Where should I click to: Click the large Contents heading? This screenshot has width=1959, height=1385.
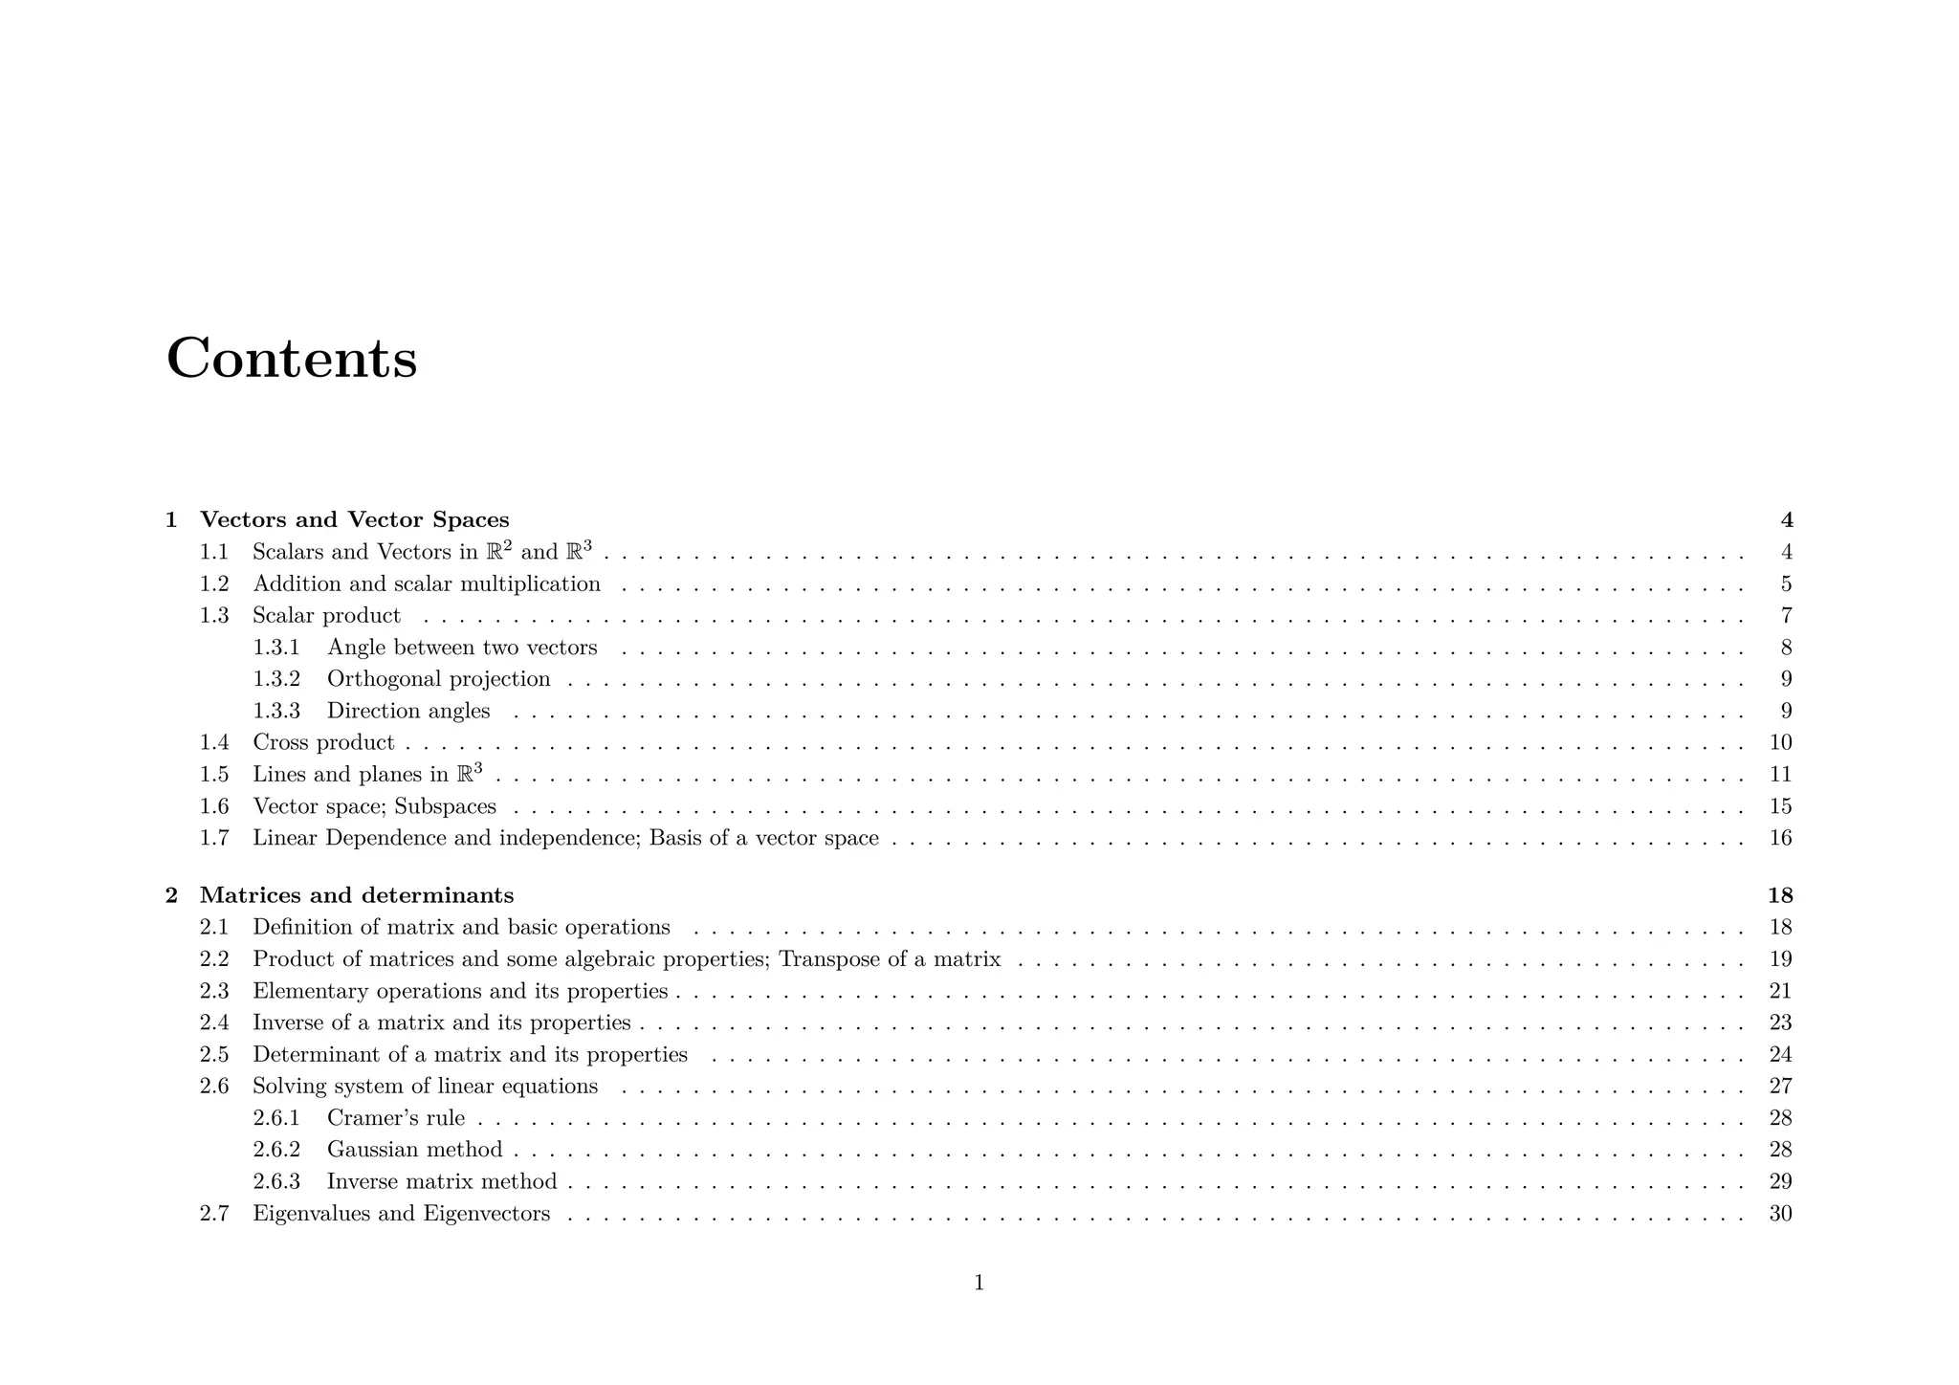292,359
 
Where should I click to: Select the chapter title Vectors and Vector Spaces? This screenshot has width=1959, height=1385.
354,520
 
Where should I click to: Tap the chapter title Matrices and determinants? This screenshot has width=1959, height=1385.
357,895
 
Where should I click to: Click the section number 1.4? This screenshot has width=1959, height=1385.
214,742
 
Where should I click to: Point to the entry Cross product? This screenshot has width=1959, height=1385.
323,742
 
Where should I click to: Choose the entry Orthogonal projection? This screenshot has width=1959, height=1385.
438,679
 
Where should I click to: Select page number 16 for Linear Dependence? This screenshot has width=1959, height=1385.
1780,839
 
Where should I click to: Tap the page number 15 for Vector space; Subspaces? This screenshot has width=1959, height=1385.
1780,806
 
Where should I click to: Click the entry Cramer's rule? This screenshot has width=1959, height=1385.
396,1118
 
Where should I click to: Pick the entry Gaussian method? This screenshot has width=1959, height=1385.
414,1150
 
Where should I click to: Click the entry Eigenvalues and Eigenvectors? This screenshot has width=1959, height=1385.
401,1214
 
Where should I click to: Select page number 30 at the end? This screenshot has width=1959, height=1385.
1780,1214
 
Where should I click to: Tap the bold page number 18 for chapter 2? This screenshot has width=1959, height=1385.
1780,895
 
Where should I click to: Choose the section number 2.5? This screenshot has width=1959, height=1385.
214,1055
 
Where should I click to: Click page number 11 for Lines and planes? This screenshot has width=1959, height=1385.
1780,775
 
